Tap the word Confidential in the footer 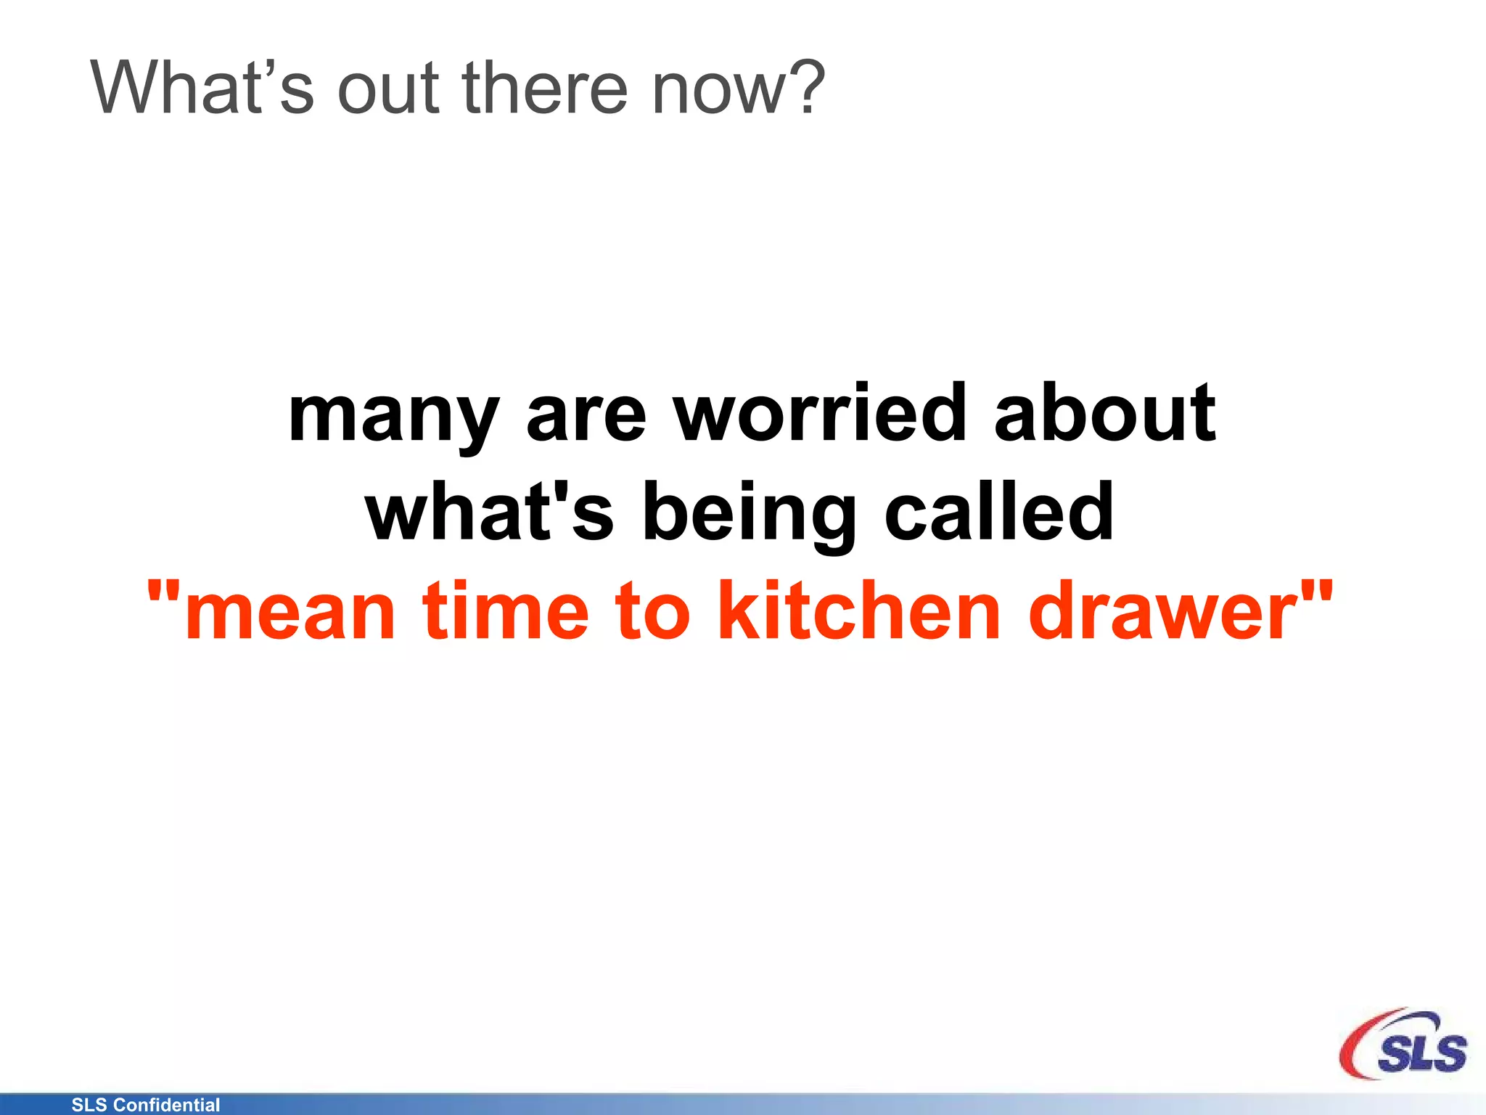pyautogui.click(x=167, y=1105)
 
